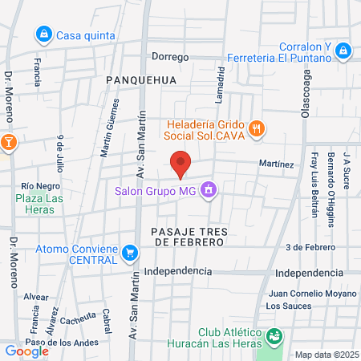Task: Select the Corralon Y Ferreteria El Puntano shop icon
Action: click(x=343, y=51)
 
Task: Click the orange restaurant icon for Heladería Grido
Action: click(x=257, y=127)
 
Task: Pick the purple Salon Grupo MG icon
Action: click(x=209, y=189)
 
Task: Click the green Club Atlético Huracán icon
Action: click(x=275, y=335)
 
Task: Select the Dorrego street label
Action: click(x=170, y=57)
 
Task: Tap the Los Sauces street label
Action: click(x=286, y=306)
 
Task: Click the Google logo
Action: click(x=26, y=351)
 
